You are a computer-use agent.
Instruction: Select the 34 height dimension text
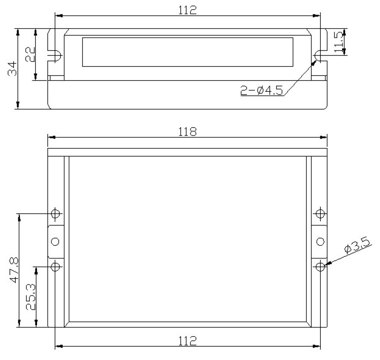[13, 69]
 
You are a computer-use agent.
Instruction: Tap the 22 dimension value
[30, 54]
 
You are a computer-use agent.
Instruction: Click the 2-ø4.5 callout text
[262, 90]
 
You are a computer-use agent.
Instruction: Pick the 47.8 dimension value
[14, 270]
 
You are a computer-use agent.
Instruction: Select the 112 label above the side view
[187, 10]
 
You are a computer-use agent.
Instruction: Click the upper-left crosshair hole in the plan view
[55, 213]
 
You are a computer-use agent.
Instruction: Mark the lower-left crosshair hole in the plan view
[55, 267]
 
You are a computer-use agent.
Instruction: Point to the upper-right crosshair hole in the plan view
[320, 213]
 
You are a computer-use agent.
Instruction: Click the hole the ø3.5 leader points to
[320, 267]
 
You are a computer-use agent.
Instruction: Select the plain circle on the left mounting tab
[55, 241]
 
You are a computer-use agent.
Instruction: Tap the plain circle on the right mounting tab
[320, 241]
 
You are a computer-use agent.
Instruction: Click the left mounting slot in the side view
[56, 55]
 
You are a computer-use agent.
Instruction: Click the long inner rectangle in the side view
[187, 52]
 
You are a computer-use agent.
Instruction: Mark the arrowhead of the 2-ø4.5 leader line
[316, 61]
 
